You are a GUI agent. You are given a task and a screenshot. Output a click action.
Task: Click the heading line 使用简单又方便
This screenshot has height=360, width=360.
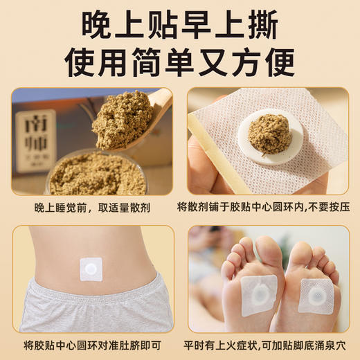click(x=180, y=62)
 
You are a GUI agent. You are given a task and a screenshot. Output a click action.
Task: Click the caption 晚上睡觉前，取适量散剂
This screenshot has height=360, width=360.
click(x=92, y=208)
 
